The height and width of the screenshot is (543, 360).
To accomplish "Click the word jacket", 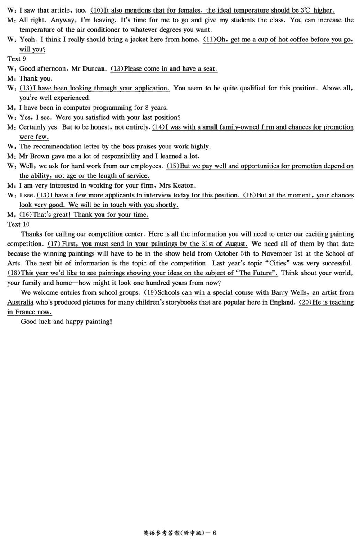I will click(144, 40).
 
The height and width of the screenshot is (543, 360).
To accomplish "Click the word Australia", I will click(20, 302).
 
